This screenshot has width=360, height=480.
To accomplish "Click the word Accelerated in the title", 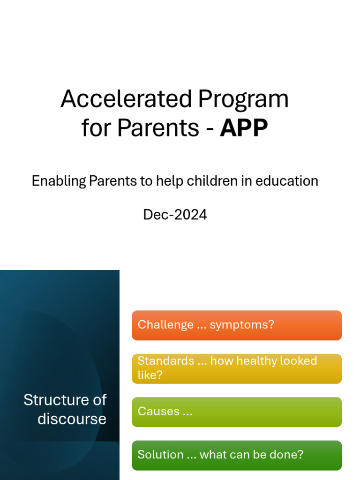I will coord(126,99).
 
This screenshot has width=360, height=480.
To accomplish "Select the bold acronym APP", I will coord(244,128).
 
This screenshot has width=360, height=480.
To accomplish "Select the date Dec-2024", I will coord(175,215).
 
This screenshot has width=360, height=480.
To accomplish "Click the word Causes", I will coord(158,412).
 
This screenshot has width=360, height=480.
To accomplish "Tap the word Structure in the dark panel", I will coord(52,400).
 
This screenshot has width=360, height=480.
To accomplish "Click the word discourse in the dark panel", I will coord(72,419).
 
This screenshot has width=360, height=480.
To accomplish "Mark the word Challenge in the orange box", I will coord(165,325).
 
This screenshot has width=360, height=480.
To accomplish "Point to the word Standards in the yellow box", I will coord(165,361).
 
